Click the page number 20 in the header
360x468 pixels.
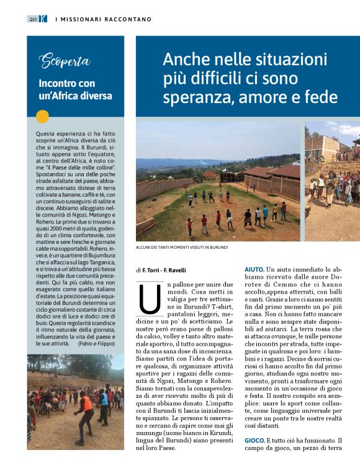tap(32, 19)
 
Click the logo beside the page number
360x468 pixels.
tap(42, 19)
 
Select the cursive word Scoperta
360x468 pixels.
tap(65, 61)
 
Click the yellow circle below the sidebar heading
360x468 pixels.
tap(43, 116)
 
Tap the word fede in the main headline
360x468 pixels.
tap(322, 97)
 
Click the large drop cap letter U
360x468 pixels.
tap(149, 298)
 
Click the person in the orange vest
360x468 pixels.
tap(86, 405)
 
